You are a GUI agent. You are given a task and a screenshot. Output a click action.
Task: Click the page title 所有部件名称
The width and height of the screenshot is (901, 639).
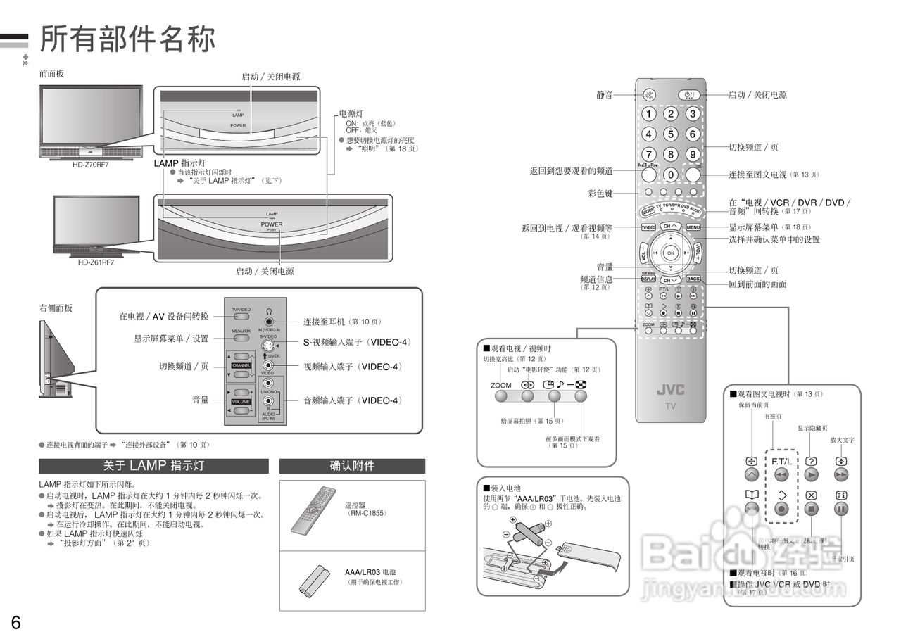[x=127, y=39]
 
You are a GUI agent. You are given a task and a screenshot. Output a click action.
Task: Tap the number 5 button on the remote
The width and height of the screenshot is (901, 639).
[x=671, y=134]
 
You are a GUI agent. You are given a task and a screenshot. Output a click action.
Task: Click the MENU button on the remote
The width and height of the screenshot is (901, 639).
[x=693, y=227]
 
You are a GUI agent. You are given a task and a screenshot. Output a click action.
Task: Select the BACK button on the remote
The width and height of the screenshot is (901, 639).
[x=693, y=279]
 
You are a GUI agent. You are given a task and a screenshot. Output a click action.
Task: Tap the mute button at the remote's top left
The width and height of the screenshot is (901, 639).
[x=649, y=94]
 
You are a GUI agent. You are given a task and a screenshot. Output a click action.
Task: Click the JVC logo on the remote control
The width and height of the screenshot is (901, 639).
[x=670, y=390]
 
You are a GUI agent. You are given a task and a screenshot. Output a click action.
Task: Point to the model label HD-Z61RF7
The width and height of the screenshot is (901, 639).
[x=96, y=262]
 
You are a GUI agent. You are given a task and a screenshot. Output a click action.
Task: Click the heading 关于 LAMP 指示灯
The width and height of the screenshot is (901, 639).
[x=153, y=466]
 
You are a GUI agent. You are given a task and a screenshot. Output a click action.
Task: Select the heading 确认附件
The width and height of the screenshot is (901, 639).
[x=352, y=466]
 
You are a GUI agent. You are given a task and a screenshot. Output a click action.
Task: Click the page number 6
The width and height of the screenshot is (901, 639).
[x=15, y=622]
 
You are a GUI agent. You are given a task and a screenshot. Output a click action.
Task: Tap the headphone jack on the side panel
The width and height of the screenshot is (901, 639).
[x=269, y=322]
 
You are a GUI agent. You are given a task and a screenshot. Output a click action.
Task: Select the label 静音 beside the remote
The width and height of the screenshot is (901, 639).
[x=604, y=94]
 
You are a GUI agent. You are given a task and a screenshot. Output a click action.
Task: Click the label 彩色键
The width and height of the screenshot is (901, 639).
[x=600, y=193]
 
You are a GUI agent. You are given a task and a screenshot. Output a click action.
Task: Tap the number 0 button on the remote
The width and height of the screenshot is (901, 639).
[x=671, y=174]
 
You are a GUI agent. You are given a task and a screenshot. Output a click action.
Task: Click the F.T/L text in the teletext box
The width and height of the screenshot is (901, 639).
[x=781, y=461]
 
